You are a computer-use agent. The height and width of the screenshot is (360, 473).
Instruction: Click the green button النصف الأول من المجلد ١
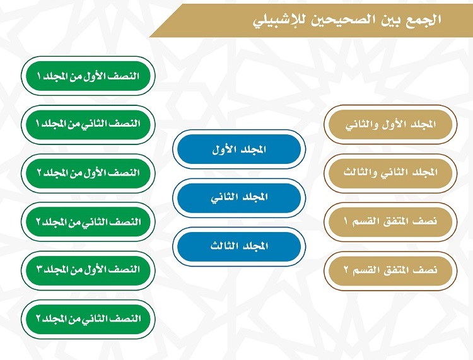[x=88, y=76]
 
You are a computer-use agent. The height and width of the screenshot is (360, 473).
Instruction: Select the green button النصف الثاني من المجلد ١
[x=88, y=124]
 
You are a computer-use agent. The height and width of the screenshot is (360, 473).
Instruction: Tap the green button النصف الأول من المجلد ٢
[x=88, y=173]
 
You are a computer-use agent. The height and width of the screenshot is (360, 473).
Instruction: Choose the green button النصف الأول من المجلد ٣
[x=88, y=270]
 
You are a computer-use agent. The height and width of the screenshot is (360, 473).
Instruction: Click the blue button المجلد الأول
[x=239, y=149]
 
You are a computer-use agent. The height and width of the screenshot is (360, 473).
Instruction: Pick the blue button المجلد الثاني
[x=239, y=198]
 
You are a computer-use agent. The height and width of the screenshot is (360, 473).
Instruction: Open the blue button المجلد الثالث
[x=239, y=247]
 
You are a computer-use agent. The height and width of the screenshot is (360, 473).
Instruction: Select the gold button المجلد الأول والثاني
[x=390, y=124]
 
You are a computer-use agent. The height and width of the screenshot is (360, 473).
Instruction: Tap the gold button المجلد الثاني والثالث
[x=390, y=173]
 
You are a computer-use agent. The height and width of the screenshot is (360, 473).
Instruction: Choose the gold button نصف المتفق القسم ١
[x=390, y=221]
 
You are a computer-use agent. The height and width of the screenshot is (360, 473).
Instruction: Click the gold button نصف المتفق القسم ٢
[x=390, y=270]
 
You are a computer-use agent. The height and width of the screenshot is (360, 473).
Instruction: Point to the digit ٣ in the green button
[x=39, y=269]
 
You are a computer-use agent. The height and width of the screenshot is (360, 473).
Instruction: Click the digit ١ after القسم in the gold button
[x=346, y=221]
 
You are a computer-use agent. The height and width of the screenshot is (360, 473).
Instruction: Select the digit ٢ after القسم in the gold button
[x=346, y=270]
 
